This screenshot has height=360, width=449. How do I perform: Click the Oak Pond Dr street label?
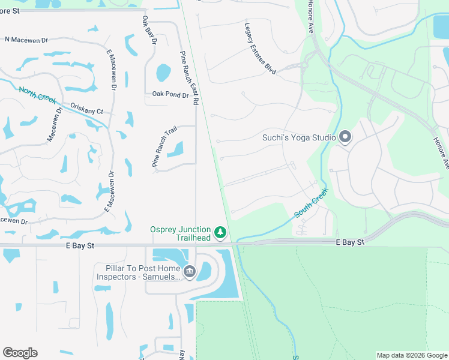(x=170, y=94)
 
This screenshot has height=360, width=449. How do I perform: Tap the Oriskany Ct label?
(x=86, y=111)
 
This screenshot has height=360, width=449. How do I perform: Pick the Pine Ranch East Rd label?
(x=188, y=79)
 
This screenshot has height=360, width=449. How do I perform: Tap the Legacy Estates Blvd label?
(x=259, y=49)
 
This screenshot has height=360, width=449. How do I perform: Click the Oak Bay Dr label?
(x=149, y=30)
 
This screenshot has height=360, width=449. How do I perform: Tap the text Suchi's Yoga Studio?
(x=299, y=137)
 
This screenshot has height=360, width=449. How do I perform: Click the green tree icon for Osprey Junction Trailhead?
(x=220, y=232)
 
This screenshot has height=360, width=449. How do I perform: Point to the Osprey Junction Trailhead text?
(x=180, y=234)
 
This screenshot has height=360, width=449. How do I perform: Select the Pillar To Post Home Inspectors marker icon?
(x=190, y=272)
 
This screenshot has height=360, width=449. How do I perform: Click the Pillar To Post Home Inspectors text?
(x=139, y=272)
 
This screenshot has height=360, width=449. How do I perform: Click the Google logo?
(x=20, y=353)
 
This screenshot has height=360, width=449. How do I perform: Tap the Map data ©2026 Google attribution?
(x=412, y=355)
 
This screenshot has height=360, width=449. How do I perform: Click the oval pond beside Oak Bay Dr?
(x=163, y=73)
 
